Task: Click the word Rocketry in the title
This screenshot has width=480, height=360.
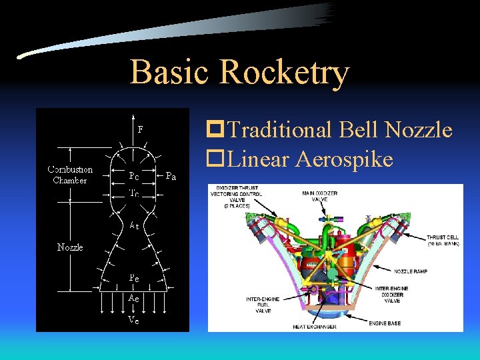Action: click(x=283, y=73)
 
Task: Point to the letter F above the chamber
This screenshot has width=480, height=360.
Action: click(x=140, y=129)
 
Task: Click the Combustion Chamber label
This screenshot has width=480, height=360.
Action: click(x=70, y=175)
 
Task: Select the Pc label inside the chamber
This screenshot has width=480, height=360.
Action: click(x=134, y=177)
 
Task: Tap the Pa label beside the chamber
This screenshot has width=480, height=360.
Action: click(x=171, y=177)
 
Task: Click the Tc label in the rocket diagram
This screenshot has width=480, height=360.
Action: click(x=134, y=193)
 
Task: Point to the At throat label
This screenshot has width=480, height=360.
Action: click(x=134, y=226)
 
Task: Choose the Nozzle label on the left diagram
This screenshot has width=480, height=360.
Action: click(x=71, y=247)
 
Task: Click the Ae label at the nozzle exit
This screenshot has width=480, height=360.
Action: click(x=134, y=299)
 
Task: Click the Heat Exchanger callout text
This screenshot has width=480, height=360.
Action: click(x=313, y=327)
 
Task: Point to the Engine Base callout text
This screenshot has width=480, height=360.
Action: click(x=386, y=323)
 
